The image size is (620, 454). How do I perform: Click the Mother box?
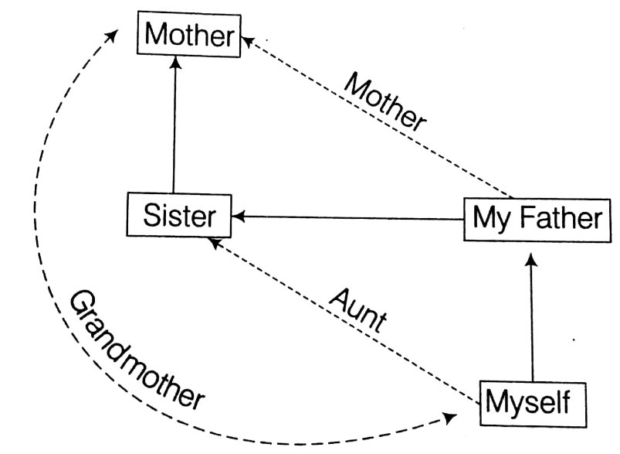point(189,35)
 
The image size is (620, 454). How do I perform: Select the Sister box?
point(179,216)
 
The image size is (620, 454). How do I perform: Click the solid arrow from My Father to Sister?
point(347,217)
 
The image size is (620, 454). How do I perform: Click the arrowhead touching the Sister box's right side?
point(239,217)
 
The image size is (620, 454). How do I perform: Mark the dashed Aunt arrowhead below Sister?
point(215,244)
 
